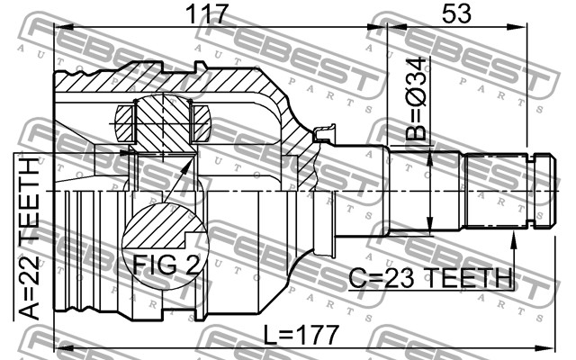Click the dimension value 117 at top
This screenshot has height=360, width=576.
207,14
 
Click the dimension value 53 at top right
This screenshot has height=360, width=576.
456,14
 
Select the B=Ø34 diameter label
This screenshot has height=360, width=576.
417,99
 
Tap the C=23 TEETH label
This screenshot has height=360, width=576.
430,278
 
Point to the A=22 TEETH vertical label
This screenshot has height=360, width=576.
29,238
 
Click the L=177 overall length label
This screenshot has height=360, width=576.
301,335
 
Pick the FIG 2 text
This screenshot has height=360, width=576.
166,265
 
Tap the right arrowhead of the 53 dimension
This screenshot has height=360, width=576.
518,27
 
